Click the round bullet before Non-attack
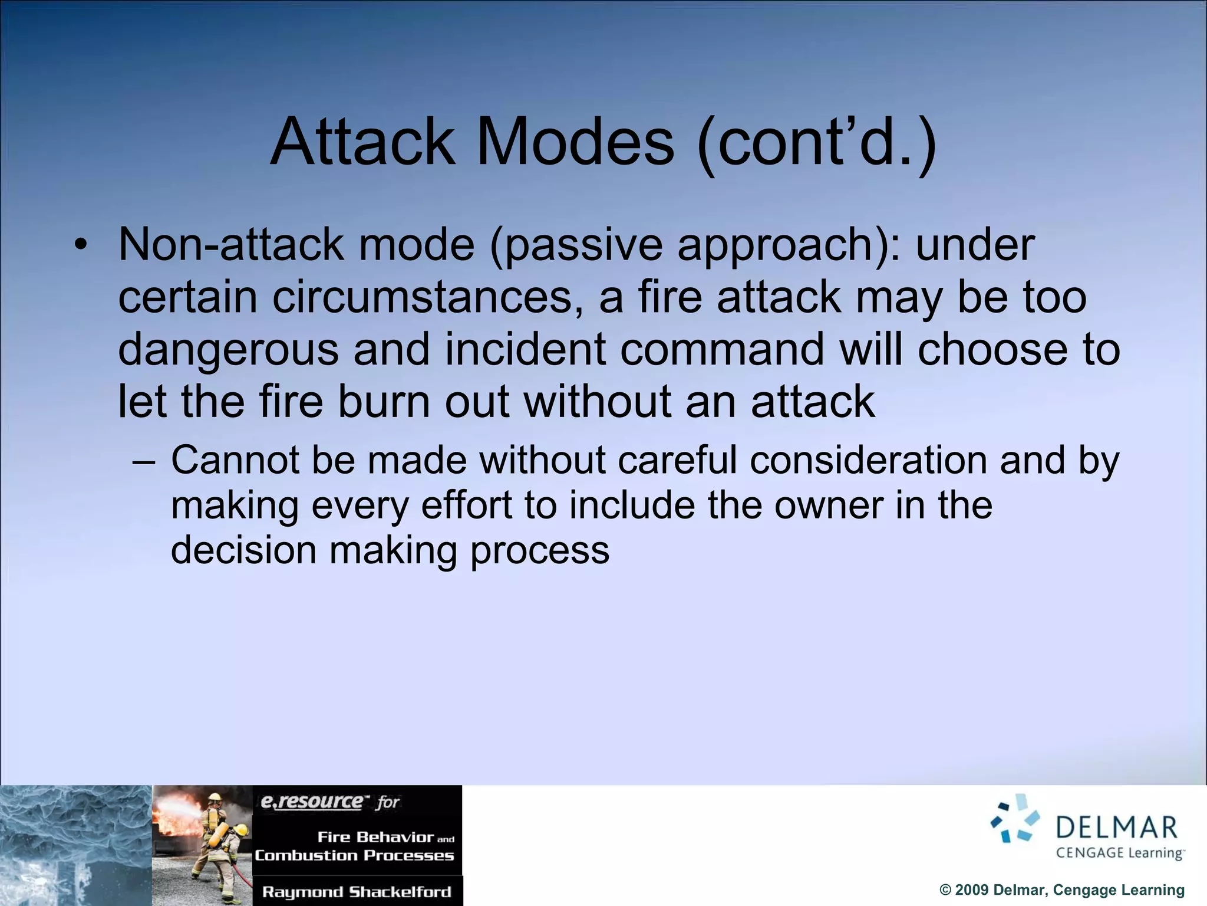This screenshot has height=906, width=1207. click(x=81, y=245)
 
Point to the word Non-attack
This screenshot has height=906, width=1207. click(x=230, y=245)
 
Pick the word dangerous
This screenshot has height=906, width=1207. click(x=228, y=349)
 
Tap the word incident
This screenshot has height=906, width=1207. click(x=525, y=349)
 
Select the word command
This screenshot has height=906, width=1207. click(x=722, y=349)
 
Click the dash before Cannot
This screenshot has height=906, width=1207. click(x=143, y=461)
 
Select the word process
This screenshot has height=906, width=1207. click(x=539, y=550)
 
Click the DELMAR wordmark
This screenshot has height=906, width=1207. click(x=1116, y=828)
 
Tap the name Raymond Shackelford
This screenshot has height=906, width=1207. click(x=357, y=892)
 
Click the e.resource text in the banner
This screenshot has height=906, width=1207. click(x=312, y=802)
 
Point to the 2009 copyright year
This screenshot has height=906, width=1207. click(x=972, y=890)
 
